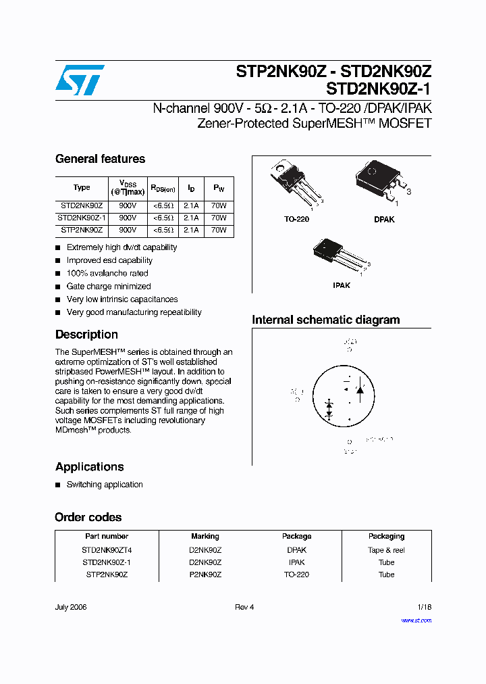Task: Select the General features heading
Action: click(100, 159)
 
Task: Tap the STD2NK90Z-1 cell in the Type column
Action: click(82, 218)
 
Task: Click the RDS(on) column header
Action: click(163, 188)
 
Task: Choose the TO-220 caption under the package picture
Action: click(296, 220)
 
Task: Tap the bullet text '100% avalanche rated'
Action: click(107, 273)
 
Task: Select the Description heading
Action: click(86, 335)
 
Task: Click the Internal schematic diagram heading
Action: click(325, 320)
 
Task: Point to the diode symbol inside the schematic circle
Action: click(360, 390)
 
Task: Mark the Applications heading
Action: click(89, 467)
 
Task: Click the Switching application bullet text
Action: click(105, 485)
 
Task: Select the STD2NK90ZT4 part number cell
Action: click(107, 550)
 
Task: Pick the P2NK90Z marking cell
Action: click(205, 575)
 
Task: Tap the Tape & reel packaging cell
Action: click(386, 550)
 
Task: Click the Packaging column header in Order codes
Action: click(386, 536)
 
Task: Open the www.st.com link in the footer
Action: click(416, 620)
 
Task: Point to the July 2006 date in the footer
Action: click(71, 607)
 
